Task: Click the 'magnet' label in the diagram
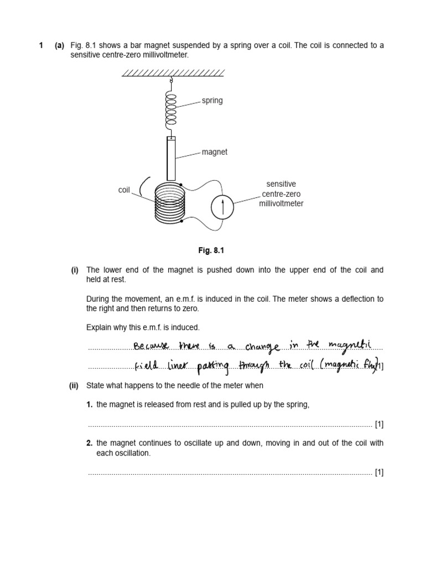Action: [x=215, y=151]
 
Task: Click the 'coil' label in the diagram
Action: [x=124, y=190]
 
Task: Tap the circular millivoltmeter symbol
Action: [x=222, y=207]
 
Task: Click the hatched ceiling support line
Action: [x=173, y=73]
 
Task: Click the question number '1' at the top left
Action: [x=41, y=45]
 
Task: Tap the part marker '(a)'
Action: [x=59, y=45]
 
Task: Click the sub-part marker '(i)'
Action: [x=74, y=270]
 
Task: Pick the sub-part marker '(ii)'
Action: [x=74, y=385]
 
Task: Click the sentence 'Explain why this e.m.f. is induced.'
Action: [x=143, y=328]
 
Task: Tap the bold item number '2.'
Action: [x=90, y=443]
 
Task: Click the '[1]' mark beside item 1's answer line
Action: [x=379, y=424]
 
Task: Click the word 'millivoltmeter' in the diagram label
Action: [x=281, y=203]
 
